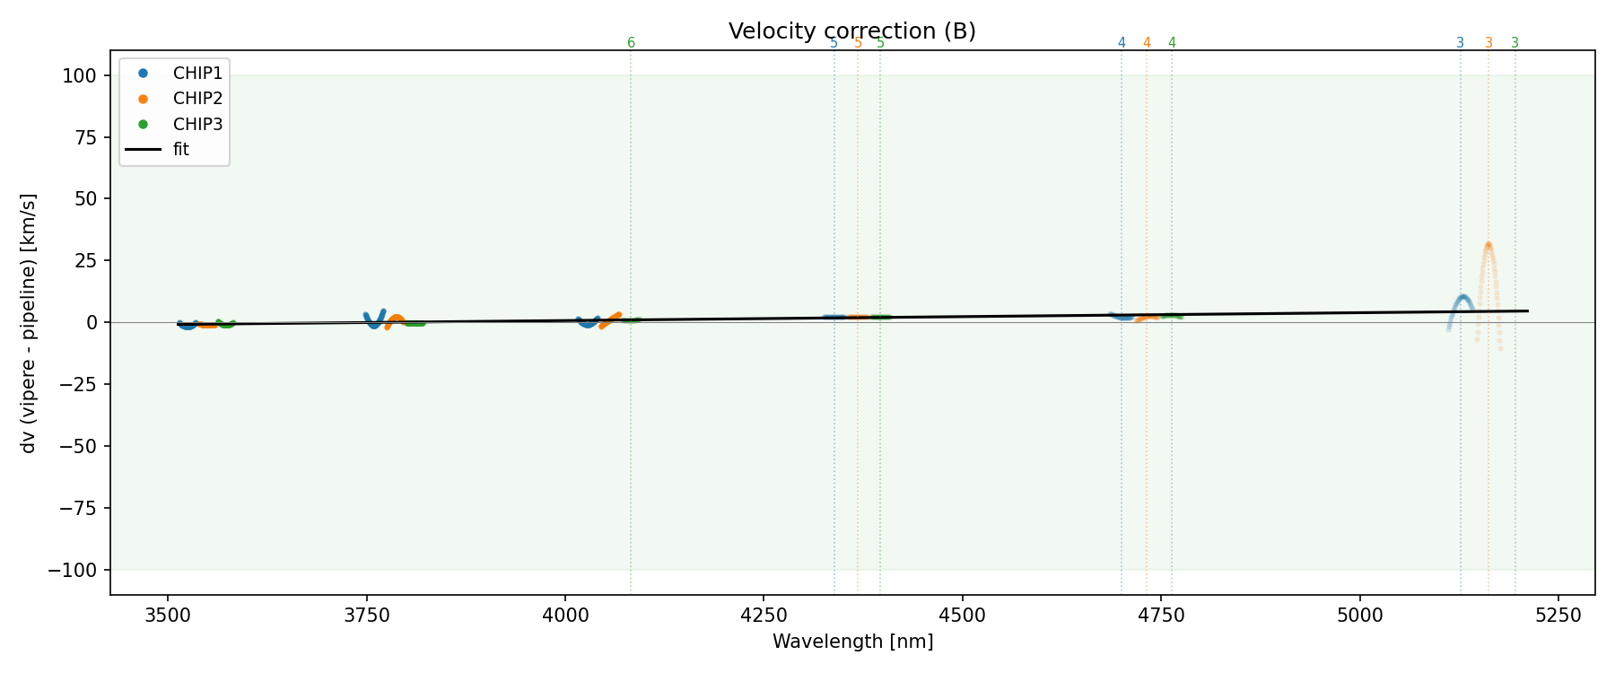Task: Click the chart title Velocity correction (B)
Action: coord(851,31)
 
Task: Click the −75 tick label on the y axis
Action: coord(78,508)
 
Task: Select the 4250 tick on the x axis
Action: coord(763,615)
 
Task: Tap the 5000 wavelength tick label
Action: coord(1359,615)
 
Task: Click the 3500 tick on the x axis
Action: coord(168,615)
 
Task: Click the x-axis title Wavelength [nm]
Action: coord(852,642)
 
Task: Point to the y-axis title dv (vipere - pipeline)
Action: coord(29,322)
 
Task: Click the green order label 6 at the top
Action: coord(631,43)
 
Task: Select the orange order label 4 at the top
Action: coord(1147,43)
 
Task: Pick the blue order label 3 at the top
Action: coord(1460,43)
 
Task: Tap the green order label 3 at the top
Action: coord(1515,43)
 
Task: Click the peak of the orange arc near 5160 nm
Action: coord(1488,244)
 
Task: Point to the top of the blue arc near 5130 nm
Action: coord(1462,296)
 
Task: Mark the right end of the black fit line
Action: coord(1527,310)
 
